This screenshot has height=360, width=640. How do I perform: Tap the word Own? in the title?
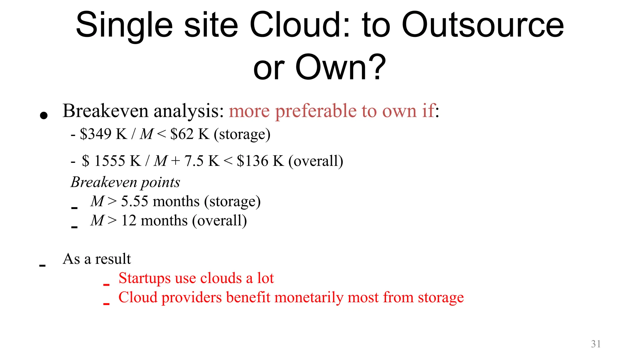point(341,67)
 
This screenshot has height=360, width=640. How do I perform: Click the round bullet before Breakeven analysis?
point(44,116)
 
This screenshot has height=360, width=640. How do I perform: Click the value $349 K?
point(103,134)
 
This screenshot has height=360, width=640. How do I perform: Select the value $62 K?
point(190,134)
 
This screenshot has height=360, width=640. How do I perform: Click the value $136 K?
point(260,161)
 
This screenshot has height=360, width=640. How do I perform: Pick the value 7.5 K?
point(202,161)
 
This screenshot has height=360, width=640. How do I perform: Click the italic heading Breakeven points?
point(125,182)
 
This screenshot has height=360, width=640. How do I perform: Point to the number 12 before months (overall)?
point(128,221)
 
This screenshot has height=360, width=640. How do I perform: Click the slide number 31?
point(596,344)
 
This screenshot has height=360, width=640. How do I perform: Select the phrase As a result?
point(97,259)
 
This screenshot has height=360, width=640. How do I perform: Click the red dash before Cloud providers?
point(106,303)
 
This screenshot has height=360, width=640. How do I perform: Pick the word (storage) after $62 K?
point(242,134)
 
